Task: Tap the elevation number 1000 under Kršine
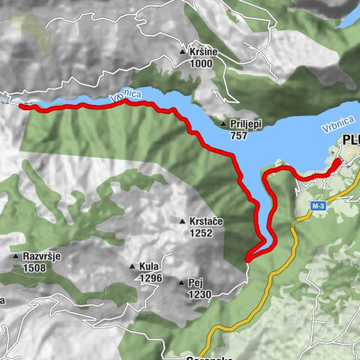tap(201, 64)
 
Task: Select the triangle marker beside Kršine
tap(182, 52)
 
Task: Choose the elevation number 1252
tap(201, 233)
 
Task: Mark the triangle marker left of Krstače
tap(182, 221)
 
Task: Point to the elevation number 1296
tap(150, 278)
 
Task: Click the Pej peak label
tap(196, 283)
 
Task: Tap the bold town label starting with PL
tap(350, 140)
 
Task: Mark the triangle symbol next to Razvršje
tap(16, 256)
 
